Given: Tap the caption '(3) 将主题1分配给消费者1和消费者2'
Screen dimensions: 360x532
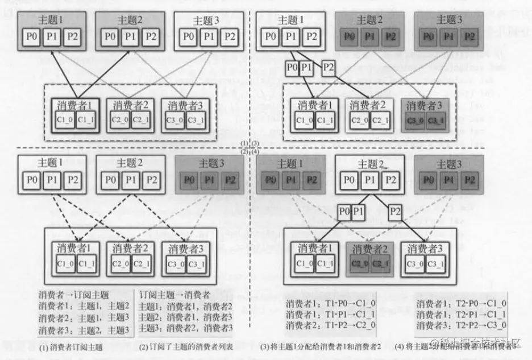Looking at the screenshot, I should click(x=325, y=346).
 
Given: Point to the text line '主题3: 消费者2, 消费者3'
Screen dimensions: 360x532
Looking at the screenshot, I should click(x=186, y=329).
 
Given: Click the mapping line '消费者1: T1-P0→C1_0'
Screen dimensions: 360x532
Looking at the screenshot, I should click(x=330, y=303).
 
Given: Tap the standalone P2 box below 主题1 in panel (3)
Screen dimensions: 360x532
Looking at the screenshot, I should click(x=329, y=67).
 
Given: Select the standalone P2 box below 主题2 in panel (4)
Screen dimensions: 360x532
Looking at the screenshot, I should click(x=396, y=211).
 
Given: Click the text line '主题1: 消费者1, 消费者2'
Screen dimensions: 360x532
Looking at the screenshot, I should click(x=186, y=307).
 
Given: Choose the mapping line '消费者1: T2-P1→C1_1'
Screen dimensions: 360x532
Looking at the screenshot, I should click(x=461, y=314).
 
